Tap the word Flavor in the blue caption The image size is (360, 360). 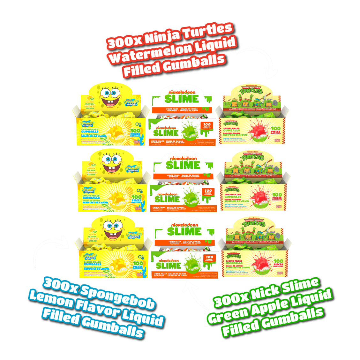tap(97, 308)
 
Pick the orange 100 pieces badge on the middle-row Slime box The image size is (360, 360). tap(208, 192)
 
